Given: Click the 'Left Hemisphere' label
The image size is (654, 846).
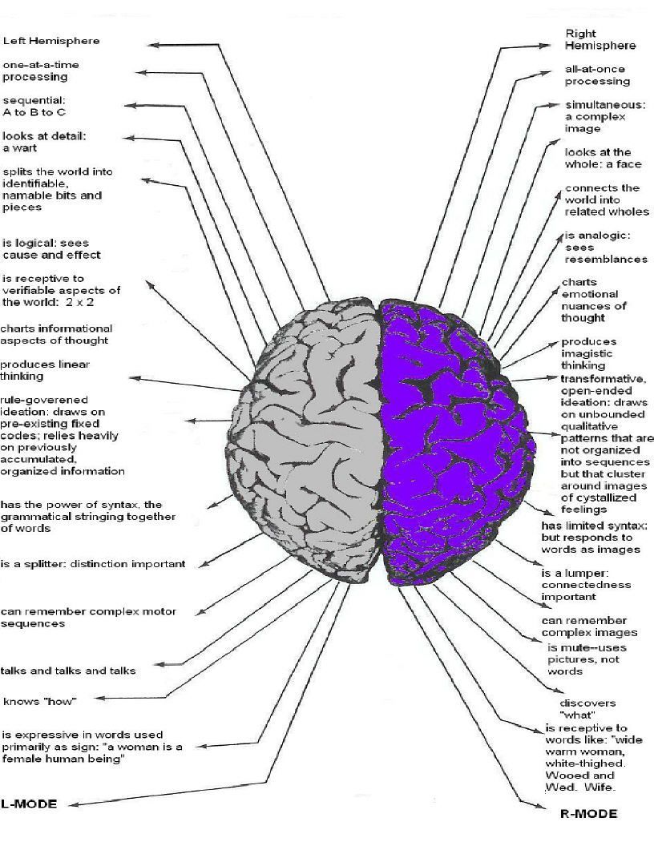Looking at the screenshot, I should pyautogui.click(x=51, y=41).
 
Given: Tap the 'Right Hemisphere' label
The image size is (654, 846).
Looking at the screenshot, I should pyautogui.click(x=588, y=39).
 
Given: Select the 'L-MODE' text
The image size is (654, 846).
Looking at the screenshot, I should pyautogui.click(x=30, y=804).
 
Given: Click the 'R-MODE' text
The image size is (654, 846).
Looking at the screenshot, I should pyautogui.click(x=588, y=814).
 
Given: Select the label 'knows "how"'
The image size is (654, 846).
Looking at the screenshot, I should pyautogui.click(x=39, y=702).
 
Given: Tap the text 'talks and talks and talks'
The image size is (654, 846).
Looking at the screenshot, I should pyautogui.click(x=68, y=671).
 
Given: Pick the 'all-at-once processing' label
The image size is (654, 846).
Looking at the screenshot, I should pyautogui.click(x=597, y=75).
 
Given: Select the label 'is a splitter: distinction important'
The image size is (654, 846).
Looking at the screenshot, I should pyautogui.click(x=93, y=564).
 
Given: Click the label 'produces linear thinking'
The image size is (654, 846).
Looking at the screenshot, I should pyautogui.click(x=45, y=370).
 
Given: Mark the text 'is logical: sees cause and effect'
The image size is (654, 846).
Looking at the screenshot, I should pyautogui.click(x=51, y=248).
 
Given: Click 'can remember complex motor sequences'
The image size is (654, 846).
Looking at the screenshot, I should pyautogui.click(x=88, y=617).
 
